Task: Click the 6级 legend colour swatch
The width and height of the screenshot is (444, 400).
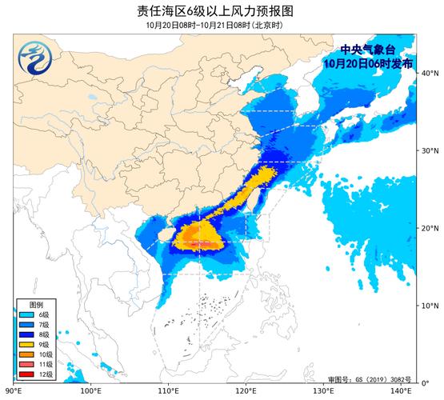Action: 27,317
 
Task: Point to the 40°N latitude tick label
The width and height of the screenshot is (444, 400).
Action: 429,74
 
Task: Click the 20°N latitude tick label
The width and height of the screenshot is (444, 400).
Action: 429,229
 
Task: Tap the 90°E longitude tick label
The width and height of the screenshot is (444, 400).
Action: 14,392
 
